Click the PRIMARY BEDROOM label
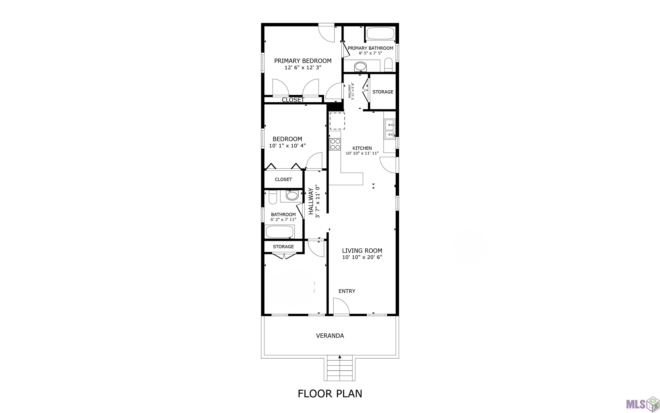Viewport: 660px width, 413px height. (303, 61)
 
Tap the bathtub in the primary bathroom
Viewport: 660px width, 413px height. (380, 33)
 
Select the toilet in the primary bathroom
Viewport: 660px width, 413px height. (388, 65)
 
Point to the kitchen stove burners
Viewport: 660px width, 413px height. (335, 144)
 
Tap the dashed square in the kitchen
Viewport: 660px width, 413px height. (337, 121)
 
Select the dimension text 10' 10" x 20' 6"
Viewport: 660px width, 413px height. (362, 257)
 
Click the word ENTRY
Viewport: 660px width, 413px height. (347, 291)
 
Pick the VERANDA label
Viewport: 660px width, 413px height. (330, 336)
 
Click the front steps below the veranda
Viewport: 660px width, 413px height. (340, 368)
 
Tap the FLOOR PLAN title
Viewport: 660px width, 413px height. (330, 394)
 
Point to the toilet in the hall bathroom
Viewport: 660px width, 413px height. (273, 197)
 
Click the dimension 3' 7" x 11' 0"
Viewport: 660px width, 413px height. (317, 201)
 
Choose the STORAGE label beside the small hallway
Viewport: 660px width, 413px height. (383, 92)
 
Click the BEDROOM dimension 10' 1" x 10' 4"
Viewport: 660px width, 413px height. (287, 146)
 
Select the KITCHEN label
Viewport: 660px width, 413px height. (362, 148)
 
